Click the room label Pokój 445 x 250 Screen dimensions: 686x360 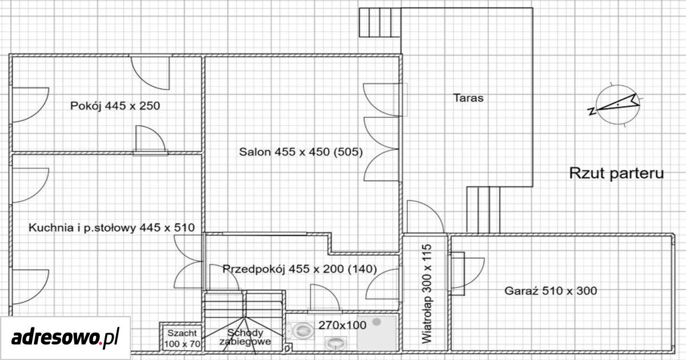tap(115, 106)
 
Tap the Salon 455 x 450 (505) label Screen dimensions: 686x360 tap(301, 152)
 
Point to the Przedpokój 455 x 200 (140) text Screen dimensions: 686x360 tap(300, 269)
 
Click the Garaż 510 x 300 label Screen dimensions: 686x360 tap(551, 290)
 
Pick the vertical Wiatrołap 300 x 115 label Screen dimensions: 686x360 tap(426, 294)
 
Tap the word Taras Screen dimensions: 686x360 tap(468, 98)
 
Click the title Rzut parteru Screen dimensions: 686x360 tap(616, 173)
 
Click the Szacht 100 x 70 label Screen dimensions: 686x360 tap(182, 338)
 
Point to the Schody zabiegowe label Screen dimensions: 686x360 tap(245, 337)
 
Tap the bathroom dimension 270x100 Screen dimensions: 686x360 tap(342, 325)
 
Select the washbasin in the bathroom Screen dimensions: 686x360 tap(336, 343)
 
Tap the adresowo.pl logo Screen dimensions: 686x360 tap(65, 338)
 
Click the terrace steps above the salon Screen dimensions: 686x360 tap(380, 22)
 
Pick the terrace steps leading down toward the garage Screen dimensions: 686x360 tap(484, 210)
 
